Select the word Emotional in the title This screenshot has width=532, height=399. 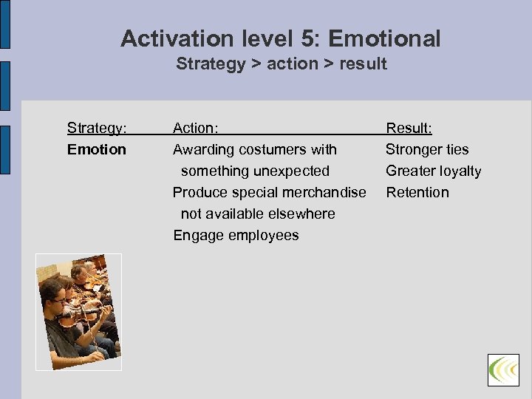pos(392,38)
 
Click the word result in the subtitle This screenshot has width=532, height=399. pos(363,64)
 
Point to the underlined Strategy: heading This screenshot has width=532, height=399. pos(97,129)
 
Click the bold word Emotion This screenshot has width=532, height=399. pos(97,150)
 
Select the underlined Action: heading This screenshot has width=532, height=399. pos(195,129)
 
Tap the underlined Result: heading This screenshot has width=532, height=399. pos(409,129)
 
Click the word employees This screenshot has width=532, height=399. pos(263,236)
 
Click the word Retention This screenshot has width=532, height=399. pos(417,193)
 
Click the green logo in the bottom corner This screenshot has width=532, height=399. pos(503,369)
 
